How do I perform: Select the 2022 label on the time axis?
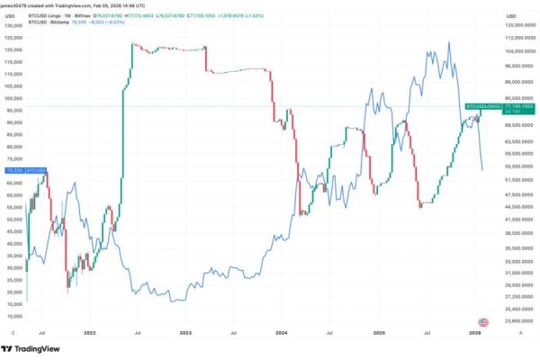tap(88, 332)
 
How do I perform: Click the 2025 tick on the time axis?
tap(380, 332)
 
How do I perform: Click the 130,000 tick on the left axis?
tap(13, 26)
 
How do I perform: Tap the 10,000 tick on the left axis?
tap(13, 316)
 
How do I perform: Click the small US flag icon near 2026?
tap(483, 322)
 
